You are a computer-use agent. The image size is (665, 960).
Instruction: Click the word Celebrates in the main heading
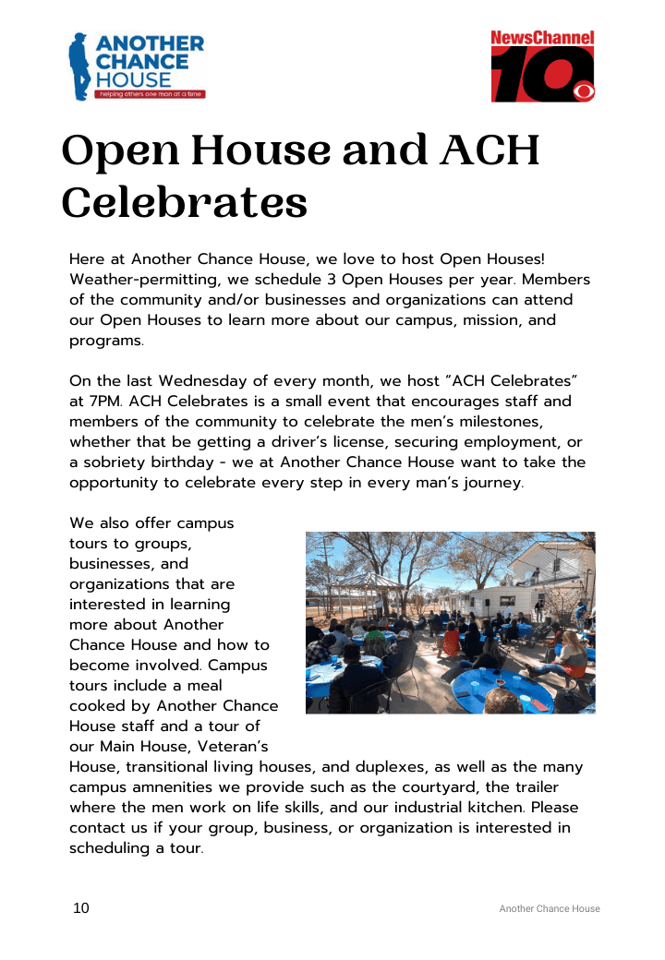pos(185,202)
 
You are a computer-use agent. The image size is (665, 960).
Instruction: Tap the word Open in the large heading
pos(112,151)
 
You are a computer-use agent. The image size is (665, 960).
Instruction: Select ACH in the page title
pos(489,151)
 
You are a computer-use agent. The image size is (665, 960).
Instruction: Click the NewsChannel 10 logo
pos(542,66)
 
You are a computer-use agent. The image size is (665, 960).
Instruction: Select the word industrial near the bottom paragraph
pos(441,808)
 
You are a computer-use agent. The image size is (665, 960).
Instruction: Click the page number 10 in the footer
pos(81,908)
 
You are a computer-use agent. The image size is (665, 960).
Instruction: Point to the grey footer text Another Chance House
pos(550,909)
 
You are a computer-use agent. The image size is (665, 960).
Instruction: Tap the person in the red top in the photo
pos(452,638)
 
